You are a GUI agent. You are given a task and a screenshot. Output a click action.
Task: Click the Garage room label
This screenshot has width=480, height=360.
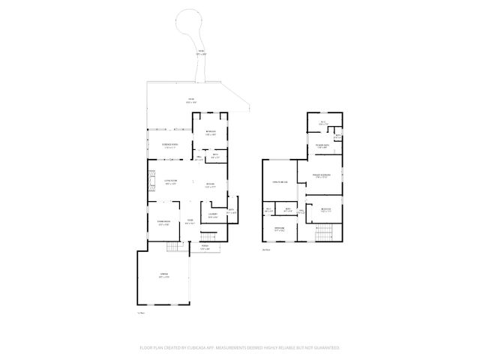tap(164, 276)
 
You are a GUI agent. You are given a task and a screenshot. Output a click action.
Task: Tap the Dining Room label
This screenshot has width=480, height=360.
tap(163, 223)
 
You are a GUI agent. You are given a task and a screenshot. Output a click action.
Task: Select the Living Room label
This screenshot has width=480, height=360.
tap(171, 181)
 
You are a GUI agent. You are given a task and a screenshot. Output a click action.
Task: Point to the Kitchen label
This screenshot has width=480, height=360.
tap(211, 185)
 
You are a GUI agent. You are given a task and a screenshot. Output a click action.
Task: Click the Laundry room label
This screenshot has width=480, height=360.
tap(213, 215)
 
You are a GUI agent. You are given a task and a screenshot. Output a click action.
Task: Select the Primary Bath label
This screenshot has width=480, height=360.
tap(322, 146)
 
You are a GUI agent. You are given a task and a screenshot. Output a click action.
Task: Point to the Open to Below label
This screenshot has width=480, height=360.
tap(280, 181)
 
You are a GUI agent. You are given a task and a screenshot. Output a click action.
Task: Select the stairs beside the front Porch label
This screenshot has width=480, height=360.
tap(208, 237)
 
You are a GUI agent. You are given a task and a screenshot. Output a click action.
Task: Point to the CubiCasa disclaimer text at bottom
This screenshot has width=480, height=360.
tap(240, 348)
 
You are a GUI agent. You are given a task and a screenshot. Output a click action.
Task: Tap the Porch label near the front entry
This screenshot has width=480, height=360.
tap(205, 247)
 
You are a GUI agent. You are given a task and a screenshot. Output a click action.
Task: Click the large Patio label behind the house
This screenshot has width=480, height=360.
tap(190, 100)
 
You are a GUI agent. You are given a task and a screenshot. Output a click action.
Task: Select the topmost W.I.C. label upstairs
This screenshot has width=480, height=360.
tap(323, 123)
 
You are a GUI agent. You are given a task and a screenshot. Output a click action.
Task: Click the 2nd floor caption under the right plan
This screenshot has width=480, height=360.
tap(266, 250)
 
